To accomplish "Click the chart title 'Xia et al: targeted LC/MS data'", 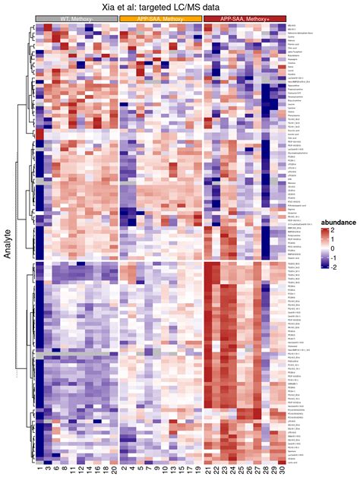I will click(x=161, y=6).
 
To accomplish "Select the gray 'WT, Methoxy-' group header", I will click(x=77, y=18).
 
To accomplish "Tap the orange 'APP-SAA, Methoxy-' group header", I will click(x=161, y=18).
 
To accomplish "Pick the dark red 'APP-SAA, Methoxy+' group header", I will click(x=245, y=18).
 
